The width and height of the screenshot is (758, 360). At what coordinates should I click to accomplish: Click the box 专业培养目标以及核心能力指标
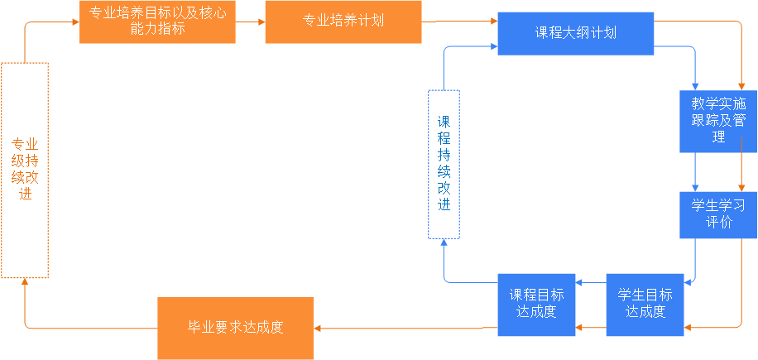tap(157, 22)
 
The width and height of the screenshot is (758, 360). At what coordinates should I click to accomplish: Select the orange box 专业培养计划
tap(343, 22)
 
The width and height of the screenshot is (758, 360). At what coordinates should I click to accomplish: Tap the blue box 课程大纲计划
tap(575, 33)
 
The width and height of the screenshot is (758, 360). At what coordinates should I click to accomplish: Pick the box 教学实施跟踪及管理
tap(718, 121)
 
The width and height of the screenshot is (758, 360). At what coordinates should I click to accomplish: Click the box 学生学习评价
tap(718, 214)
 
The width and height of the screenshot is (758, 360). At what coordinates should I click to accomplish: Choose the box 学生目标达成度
tap(646, 304)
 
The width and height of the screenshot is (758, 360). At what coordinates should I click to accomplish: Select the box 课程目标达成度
tap(537, 304)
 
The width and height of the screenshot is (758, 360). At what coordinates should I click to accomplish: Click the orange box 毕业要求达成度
tap(236, 327)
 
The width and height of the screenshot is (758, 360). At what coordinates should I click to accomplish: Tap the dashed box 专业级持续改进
tap(25, 170)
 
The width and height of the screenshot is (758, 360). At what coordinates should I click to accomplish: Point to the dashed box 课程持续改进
tap(444, 163)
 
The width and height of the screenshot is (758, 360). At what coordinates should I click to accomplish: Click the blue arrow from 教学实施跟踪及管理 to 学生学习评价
tap(695, 172)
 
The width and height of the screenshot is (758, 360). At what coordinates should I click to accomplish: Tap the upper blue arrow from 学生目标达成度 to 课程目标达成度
tap(591, 283)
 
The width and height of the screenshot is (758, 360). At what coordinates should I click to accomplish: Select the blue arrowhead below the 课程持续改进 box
tap(444, 242)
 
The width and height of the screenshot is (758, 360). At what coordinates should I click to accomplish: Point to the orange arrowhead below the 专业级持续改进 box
tap(25, 283)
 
